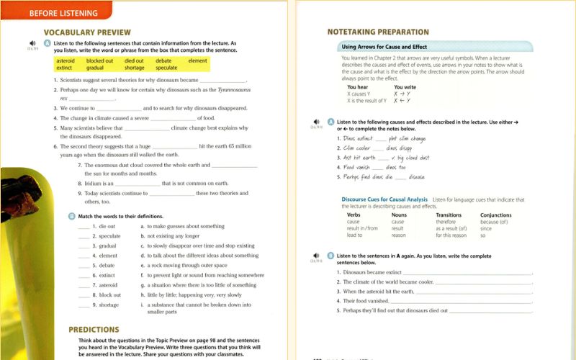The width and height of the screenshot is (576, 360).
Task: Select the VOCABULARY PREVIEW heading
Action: tap(87, 32)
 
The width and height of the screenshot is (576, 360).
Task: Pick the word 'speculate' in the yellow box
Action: tap(167, 68)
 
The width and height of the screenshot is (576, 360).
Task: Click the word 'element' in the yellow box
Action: tap(197, 61)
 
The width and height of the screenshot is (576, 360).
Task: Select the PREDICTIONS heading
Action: tap(94, 329)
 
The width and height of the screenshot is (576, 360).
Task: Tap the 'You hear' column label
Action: tap(358, 87)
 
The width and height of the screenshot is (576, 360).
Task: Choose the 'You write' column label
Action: tap(405, 87)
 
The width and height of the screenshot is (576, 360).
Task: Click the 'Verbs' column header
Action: tap(354, 215)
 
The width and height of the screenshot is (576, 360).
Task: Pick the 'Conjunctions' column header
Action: tap(496, 215)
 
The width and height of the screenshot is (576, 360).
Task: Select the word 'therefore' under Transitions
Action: tap(446, 222)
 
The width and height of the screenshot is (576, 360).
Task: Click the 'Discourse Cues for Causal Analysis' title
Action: tap(384, 199)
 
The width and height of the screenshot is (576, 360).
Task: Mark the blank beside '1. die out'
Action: tap(84, 226)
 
